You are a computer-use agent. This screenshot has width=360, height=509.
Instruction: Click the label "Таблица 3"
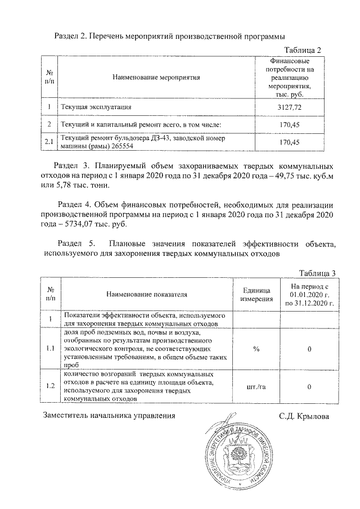317,273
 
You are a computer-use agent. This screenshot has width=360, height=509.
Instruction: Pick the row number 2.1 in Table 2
49,142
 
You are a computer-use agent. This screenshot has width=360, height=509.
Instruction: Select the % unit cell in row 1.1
256,349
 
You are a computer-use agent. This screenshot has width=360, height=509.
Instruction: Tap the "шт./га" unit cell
256,386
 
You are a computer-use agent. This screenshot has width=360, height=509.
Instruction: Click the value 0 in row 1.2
309,386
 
